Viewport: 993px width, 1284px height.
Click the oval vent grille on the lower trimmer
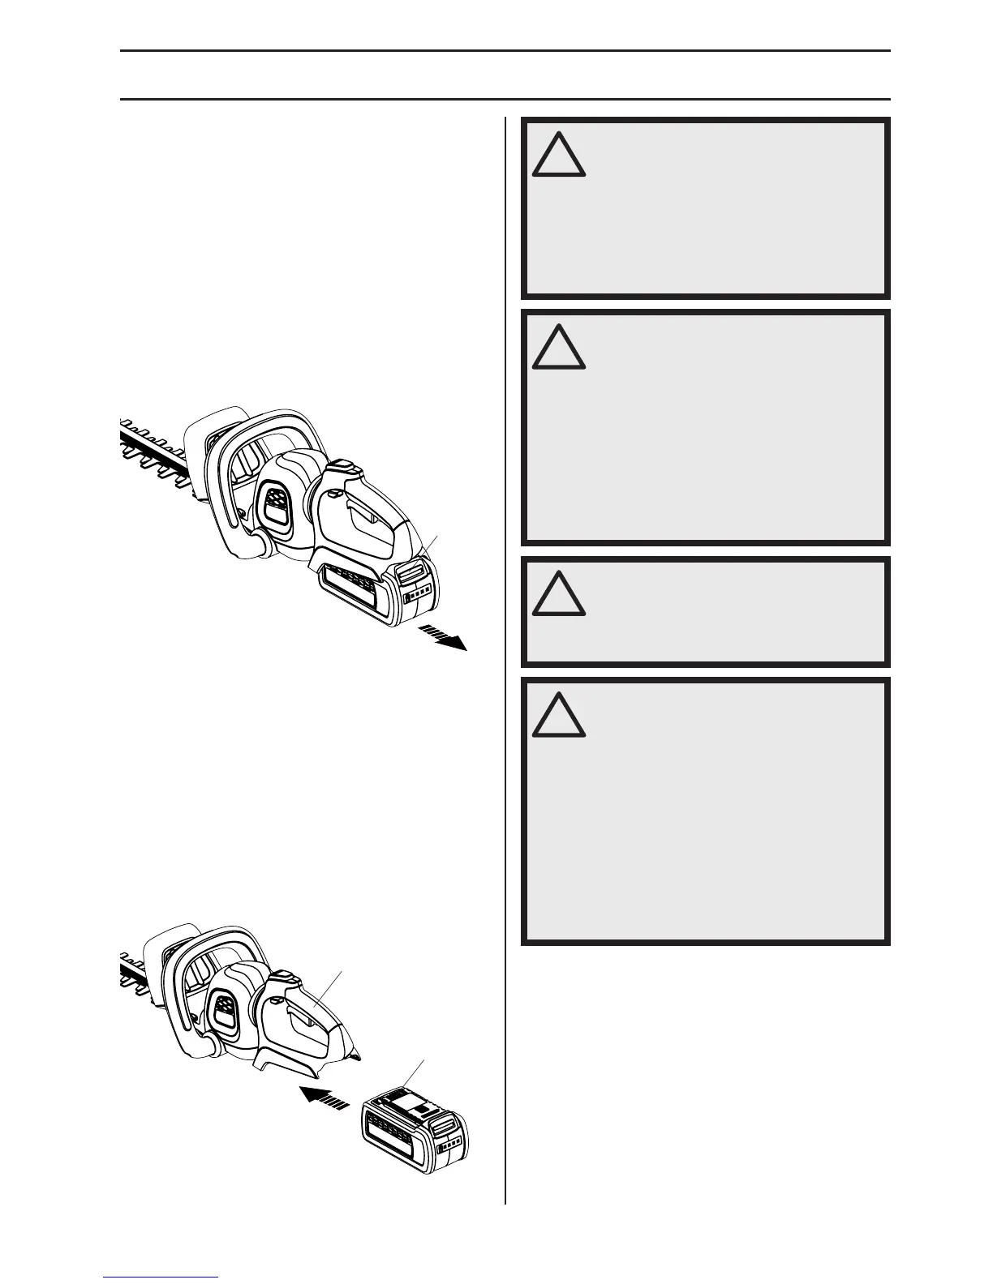(224, 1013)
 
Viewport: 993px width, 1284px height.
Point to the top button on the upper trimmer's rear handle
(342, 467)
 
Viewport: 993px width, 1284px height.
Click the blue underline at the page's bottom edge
(161, 1277)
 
